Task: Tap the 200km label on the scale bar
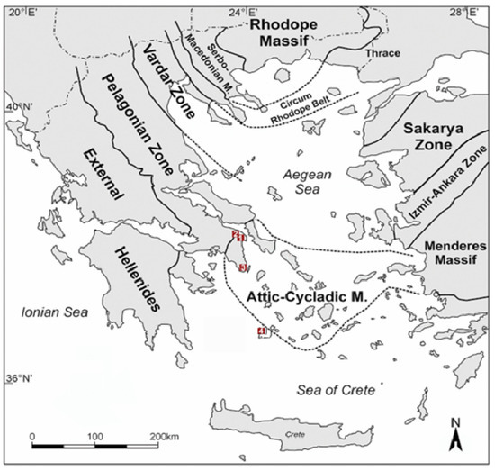click(x=165, y=436)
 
